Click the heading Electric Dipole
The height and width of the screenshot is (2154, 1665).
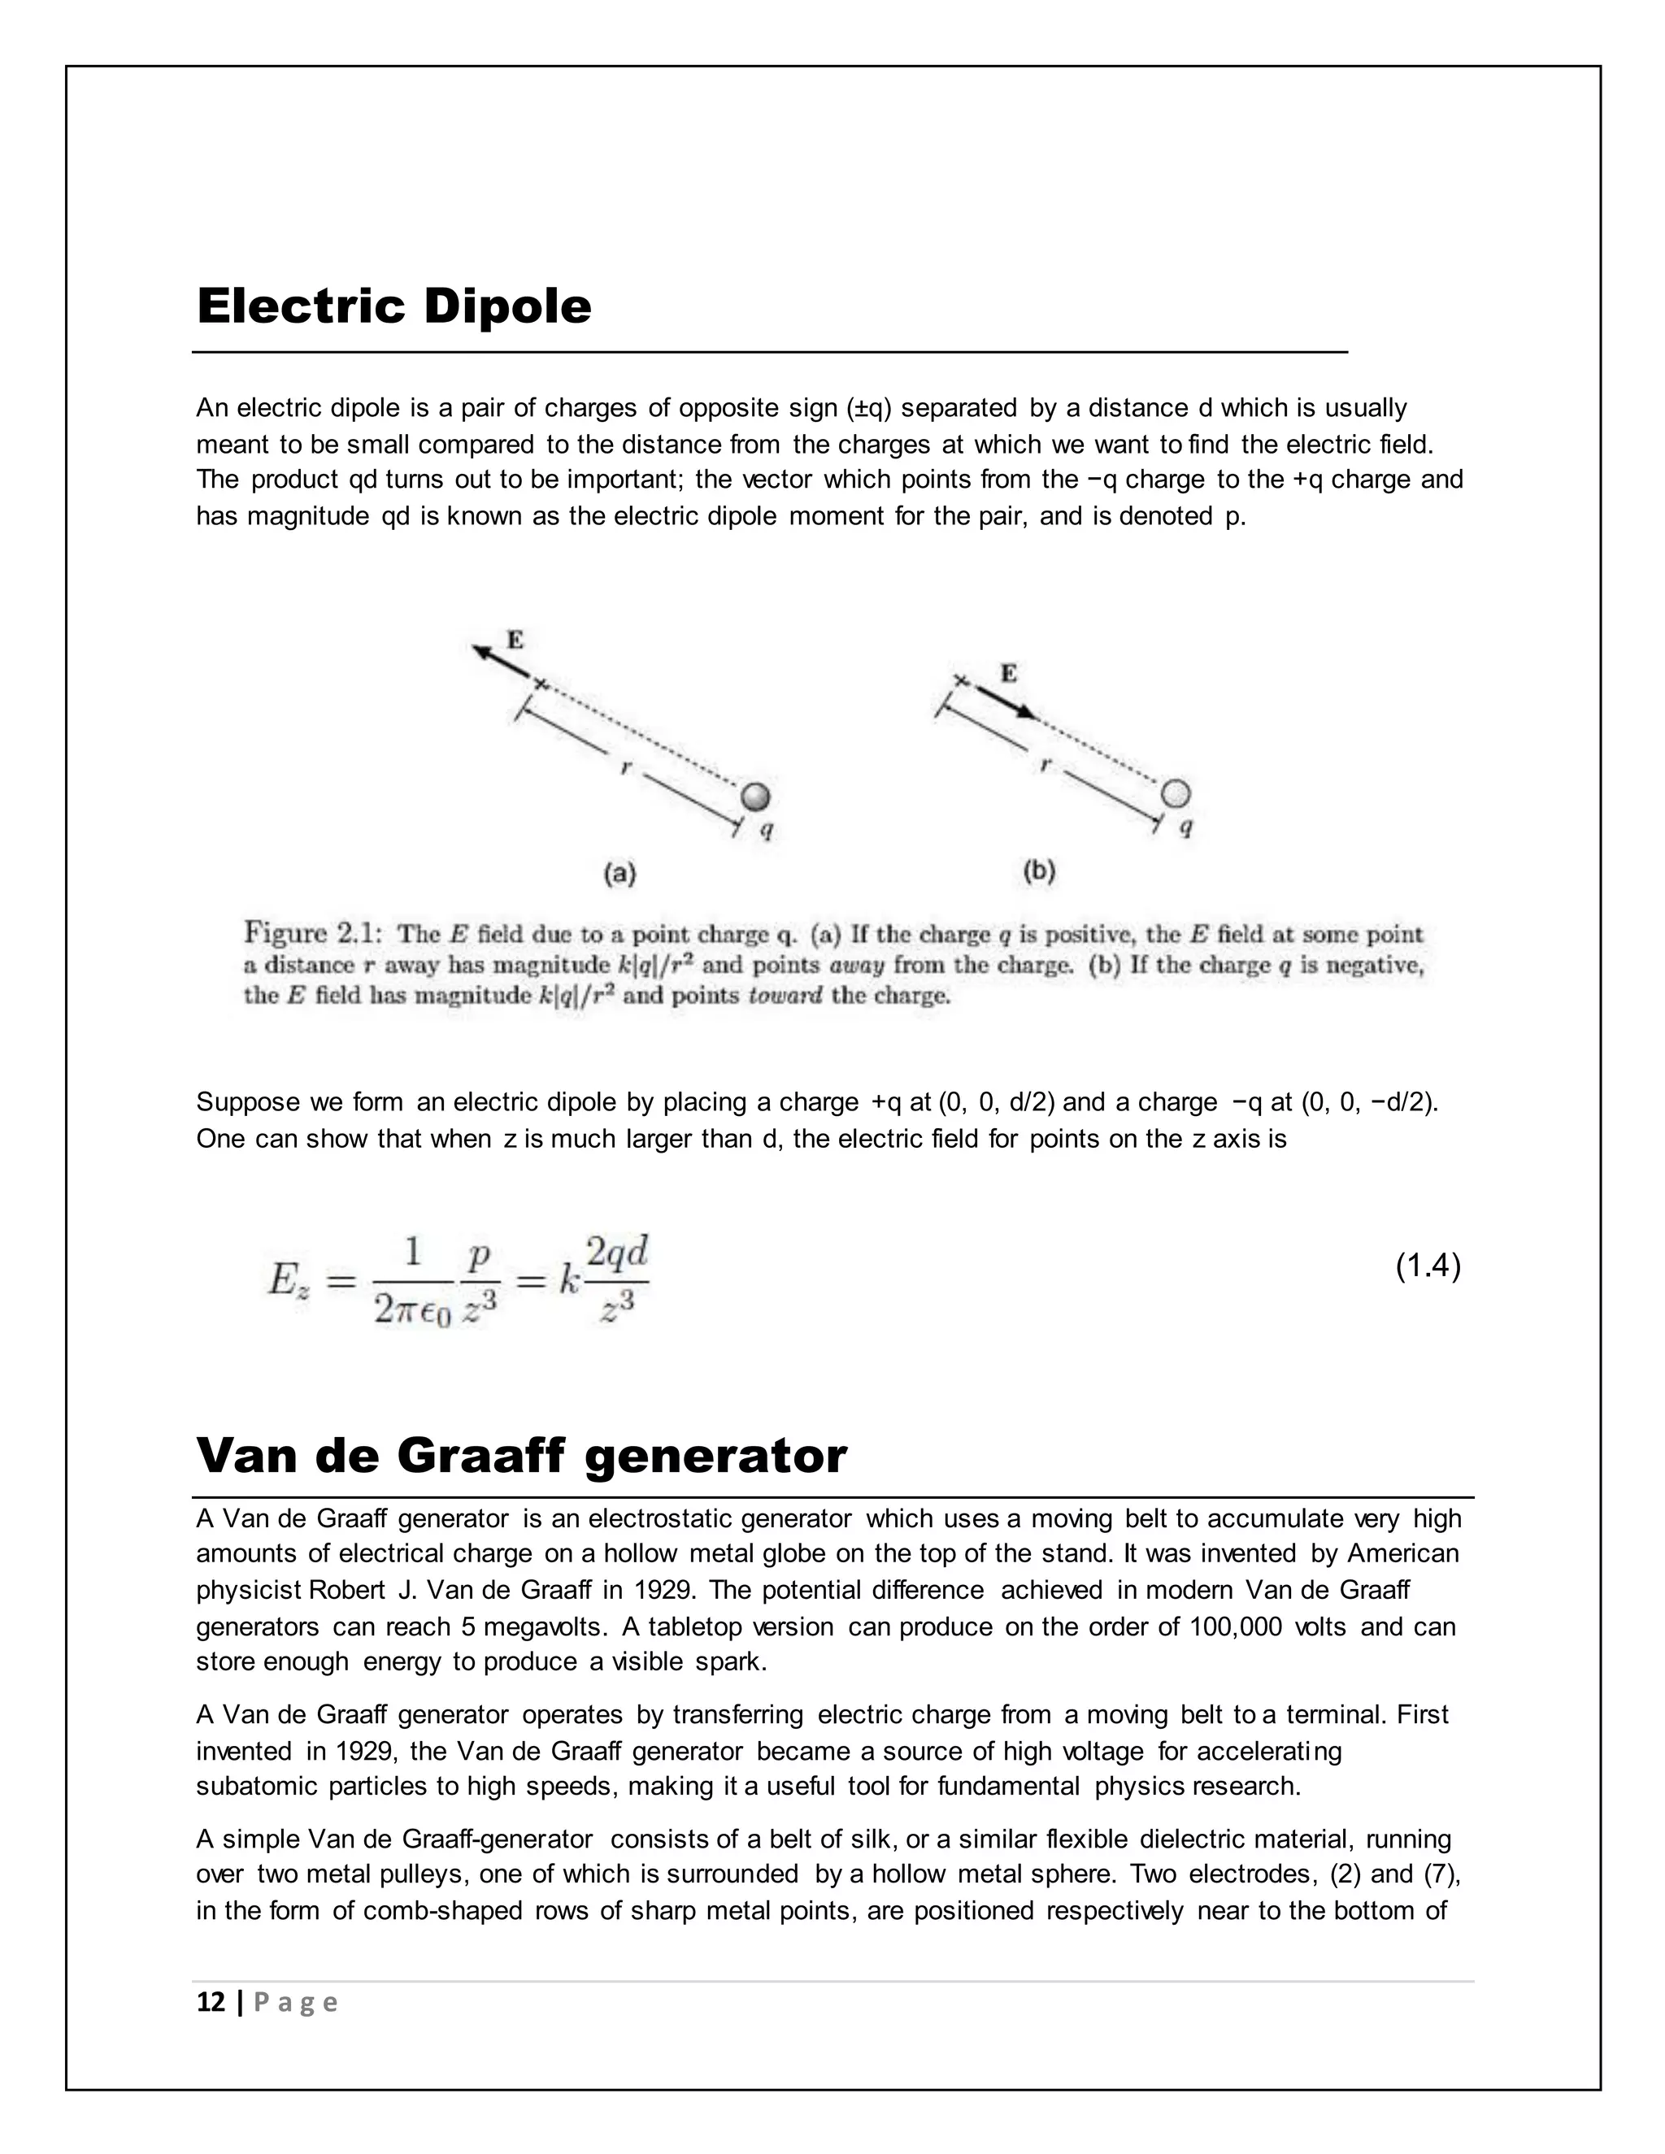[x=393, y=306]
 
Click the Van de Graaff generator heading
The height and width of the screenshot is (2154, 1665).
[x=521, y=1457]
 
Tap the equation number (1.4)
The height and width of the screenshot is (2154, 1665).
[x=1428, y=1266]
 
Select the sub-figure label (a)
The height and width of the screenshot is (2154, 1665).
[x=619, y=872]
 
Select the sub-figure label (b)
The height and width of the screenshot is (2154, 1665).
[x=1040, y=871]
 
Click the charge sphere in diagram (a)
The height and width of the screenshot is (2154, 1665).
[x=754, y=796]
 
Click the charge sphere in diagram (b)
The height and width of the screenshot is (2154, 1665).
[x=1176, y=793]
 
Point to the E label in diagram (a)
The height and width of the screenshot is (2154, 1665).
[x=515, y=639]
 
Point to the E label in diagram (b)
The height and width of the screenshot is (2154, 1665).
[x=1009, y=674]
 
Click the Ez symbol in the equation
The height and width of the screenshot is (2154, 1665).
[x=288, y=1282]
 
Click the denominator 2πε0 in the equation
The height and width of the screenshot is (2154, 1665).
[x=412, y=1309]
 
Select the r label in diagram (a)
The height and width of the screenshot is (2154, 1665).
[x=624, y=767]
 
